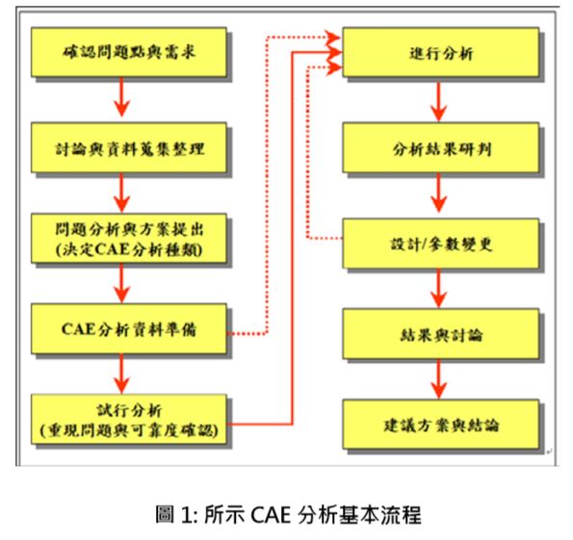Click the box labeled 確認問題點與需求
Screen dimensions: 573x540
coord(129,52)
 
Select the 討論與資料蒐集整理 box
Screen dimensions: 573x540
coord(129,147)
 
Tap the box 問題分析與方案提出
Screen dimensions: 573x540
coord(129,238)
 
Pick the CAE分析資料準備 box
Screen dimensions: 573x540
coord(129,329)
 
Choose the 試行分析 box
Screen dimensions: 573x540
coord(129,419)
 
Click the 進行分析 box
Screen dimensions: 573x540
coord(441,52)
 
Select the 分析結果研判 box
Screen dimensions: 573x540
coord(441,147)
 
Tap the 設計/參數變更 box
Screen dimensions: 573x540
coord(441,244)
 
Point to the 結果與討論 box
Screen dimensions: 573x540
coord(441,334)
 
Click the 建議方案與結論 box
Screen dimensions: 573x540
coord(441,424)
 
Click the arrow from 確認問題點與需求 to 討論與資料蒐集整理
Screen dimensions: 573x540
coord(121,97)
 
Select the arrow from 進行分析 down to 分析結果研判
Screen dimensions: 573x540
coord(439,101)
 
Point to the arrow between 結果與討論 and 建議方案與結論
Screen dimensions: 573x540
coord(439,379)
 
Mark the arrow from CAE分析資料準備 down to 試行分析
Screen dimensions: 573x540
coord(121,373)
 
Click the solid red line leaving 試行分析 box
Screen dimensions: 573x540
coord(293,238)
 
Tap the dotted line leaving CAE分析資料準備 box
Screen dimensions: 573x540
coord(267,183)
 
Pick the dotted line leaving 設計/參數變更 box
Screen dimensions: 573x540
coord(308,153)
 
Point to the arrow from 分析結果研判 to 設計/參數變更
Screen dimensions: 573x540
coord(439,193)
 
